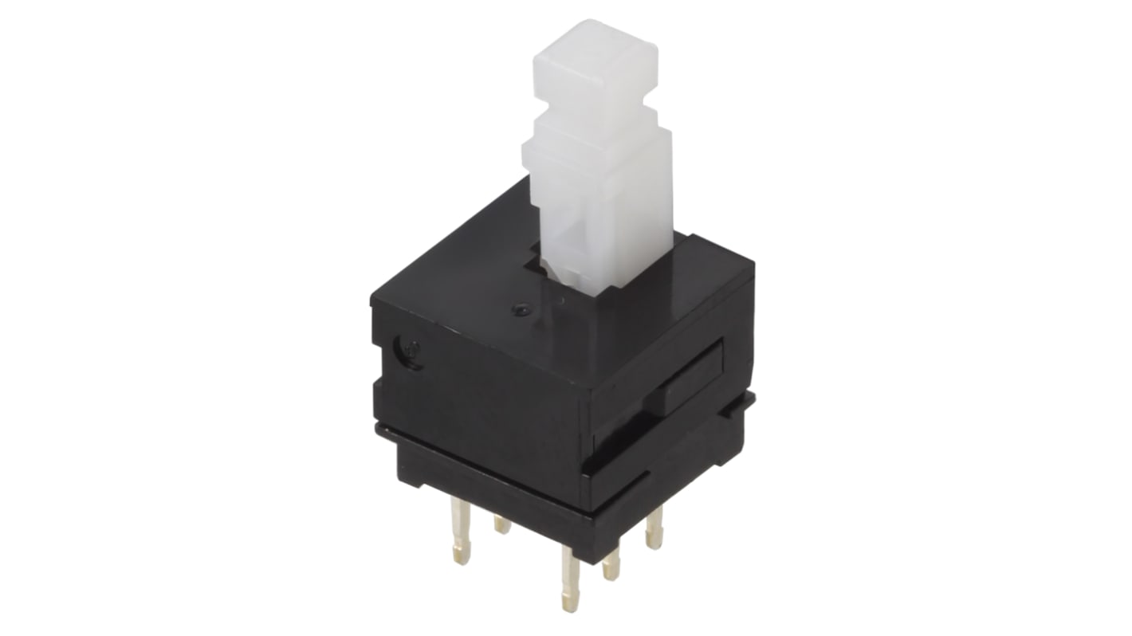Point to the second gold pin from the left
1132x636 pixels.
[502, 524]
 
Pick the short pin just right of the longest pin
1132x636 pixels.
[611, 563]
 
